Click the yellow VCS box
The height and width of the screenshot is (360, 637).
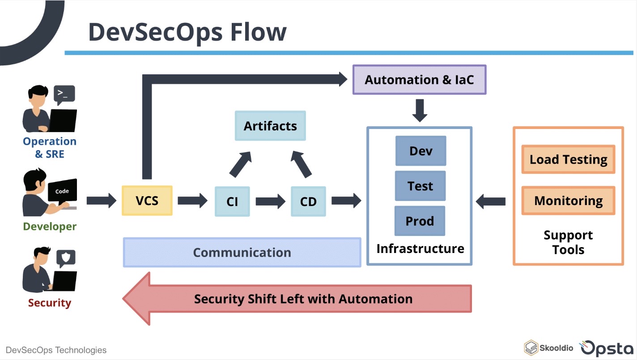click(147, 200)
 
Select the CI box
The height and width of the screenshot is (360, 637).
click(232, 201)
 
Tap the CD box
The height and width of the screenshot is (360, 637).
click(308, 201)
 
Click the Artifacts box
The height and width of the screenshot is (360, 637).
click(270, 126)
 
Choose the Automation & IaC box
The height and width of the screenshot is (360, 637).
click(419, 80)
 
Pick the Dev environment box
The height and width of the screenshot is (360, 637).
click(420, 151)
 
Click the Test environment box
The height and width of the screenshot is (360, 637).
click(420, 186)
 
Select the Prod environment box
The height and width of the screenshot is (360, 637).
click(420, 221)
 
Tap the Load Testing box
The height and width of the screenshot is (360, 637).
click(568, 159)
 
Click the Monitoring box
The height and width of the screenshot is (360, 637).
click(568, 201)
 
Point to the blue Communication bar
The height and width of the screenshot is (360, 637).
click(242, 253)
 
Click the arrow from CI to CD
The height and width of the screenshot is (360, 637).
click(270, 201)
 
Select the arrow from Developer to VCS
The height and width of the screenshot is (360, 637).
click(101, 201)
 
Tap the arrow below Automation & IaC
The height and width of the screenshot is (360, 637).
click(420, 111)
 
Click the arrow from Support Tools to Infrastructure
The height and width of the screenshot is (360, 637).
click(490, 202)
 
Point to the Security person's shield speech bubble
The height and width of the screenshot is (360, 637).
click(65, 258)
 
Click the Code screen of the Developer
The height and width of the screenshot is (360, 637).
click(62, 191)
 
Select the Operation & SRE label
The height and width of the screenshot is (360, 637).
click(50, 148)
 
